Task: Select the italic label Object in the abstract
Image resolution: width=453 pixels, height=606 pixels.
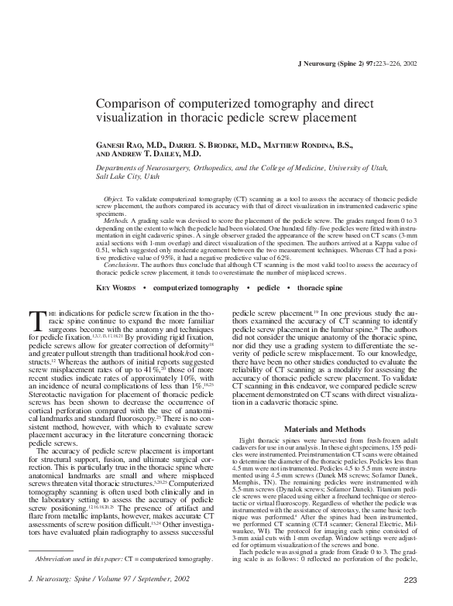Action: tap(113, 199)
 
